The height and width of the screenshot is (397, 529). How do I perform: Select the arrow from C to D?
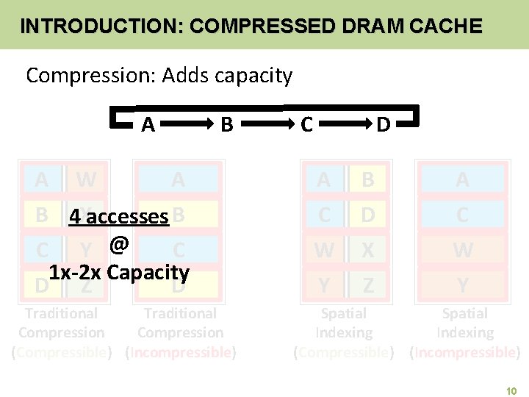click(344, 124)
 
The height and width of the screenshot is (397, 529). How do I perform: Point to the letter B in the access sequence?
click(227, 125)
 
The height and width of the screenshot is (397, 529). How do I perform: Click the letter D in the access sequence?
click(383, 125)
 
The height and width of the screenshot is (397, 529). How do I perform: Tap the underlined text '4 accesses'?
click(118, 217)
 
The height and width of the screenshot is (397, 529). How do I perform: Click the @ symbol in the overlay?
click(118, 243)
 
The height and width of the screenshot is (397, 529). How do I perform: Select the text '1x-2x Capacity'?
click(119, 272)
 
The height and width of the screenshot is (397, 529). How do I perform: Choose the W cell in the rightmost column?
click(462, 251)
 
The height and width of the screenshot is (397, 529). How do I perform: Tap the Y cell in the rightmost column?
click(462, 285)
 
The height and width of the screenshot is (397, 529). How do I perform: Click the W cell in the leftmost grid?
click(86, 179)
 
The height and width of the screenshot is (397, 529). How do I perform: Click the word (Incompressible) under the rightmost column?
click(465, 352)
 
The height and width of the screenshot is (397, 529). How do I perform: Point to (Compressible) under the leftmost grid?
click(62, 352)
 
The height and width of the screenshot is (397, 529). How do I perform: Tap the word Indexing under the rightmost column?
click(465, 332)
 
